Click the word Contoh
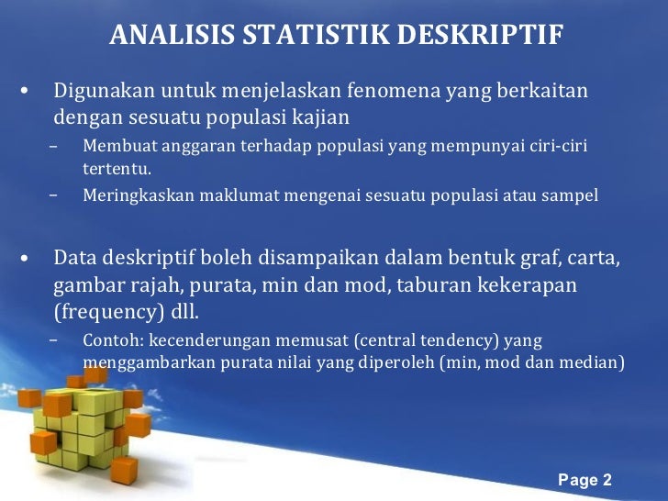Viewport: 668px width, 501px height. click(111, 340)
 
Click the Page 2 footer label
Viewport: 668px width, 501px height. click(585, 480)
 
